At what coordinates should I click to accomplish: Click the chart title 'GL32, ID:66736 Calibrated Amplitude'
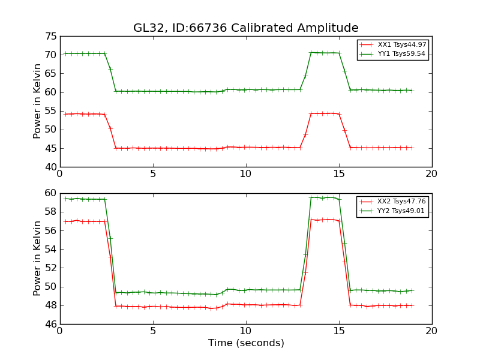click(x=245, y=28)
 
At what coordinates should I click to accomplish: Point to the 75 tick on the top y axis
click(x=51, y=36)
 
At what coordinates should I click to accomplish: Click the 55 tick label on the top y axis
click(x=51, y=111)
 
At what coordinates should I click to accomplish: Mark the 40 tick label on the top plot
click(x=51, y=167)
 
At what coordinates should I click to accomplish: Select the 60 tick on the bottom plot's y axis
click(x=51, y=193)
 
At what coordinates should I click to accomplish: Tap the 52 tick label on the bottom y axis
click(x=51, y=268)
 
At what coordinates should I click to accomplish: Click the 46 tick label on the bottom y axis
click(x=51, y=324)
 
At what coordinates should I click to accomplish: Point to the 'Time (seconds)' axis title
click(x=246, y=343)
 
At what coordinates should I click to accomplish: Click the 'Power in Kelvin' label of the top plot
click(x=37, y=101)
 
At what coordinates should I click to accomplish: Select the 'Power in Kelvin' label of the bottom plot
click(x=37, y=259)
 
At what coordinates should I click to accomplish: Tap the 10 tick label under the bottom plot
click(x=246, y=331)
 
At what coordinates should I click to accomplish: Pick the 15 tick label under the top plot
click(x=339, y=173)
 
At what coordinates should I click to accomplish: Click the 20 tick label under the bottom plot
click(x=432, y=331)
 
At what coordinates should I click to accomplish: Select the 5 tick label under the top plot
click(x=153, y=173)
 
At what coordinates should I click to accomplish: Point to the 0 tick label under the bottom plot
click(x=60, y=331)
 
